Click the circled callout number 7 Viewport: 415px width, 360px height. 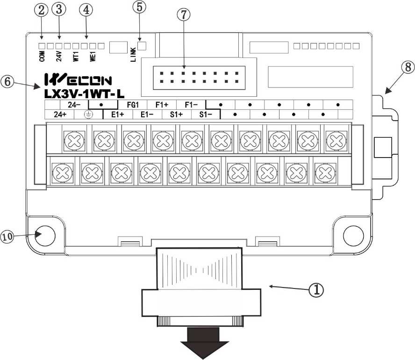pyautogui.click(x=184, y=14)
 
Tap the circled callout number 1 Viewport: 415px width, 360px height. pyautogui.click(x=316, y=289)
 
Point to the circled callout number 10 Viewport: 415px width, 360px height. pyautogui.click(x=8, y=237)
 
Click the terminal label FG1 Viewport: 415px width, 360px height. pyautogui.click(x=133, y=105)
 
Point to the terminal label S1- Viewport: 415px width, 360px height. pyautogui.click(x=206, y=114)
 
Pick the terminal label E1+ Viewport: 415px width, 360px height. pyautogui.click(x=117, y=114)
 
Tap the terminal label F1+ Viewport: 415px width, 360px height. pyautogui.click(x=162, y=105)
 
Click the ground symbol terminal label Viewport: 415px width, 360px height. pyautogui.click(x=88, y=114)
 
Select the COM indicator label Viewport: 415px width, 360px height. pyautogui.click(x=42, y=57)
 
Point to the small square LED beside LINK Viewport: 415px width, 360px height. pyautogui.click(x=143, y=46)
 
